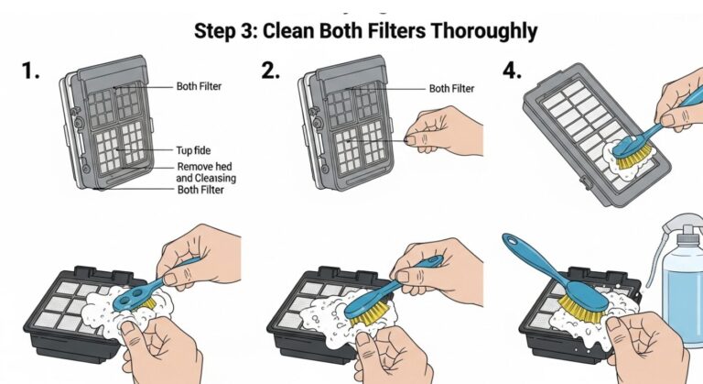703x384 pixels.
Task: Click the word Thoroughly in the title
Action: coord(471,30)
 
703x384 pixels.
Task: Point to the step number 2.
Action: coord(270,71)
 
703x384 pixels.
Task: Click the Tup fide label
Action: coord(194,148)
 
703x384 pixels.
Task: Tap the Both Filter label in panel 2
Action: coord(452,89)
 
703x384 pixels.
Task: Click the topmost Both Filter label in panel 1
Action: coord(200,86)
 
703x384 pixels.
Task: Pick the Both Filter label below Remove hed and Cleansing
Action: coord(202,190)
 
